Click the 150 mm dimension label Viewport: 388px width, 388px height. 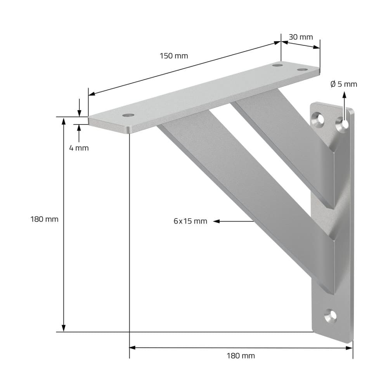173,56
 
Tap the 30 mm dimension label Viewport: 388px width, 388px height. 300,37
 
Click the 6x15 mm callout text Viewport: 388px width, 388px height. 190,222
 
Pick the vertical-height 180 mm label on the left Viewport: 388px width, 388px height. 44,219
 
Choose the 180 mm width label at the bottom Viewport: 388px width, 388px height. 241,355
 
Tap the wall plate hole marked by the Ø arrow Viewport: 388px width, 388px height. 343,123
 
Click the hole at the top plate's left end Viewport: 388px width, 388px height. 127,116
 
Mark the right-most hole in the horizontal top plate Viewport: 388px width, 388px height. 302,69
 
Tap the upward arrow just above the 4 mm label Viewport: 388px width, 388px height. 79,128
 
